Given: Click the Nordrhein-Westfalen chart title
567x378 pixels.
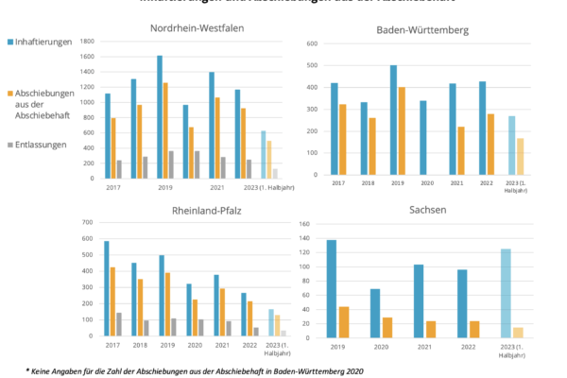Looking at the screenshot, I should pos(198,27).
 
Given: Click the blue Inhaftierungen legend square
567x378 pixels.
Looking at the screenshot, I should pos(9,43).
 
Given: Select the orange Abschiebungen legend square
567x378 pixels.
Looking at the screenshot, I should pos(9,93).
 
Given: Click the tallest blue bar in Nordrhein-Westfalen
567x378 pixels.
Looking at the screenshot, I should pos(160,116).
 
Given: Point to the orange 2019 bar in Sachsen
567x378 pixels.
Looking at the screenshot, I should pos(344,320).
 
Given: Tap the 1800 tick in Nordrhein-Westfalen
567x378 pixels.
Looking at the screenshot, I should pos(88,43).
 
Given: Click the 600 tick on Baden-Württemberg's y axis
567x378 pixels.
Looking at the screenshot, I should pos(313,44).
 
